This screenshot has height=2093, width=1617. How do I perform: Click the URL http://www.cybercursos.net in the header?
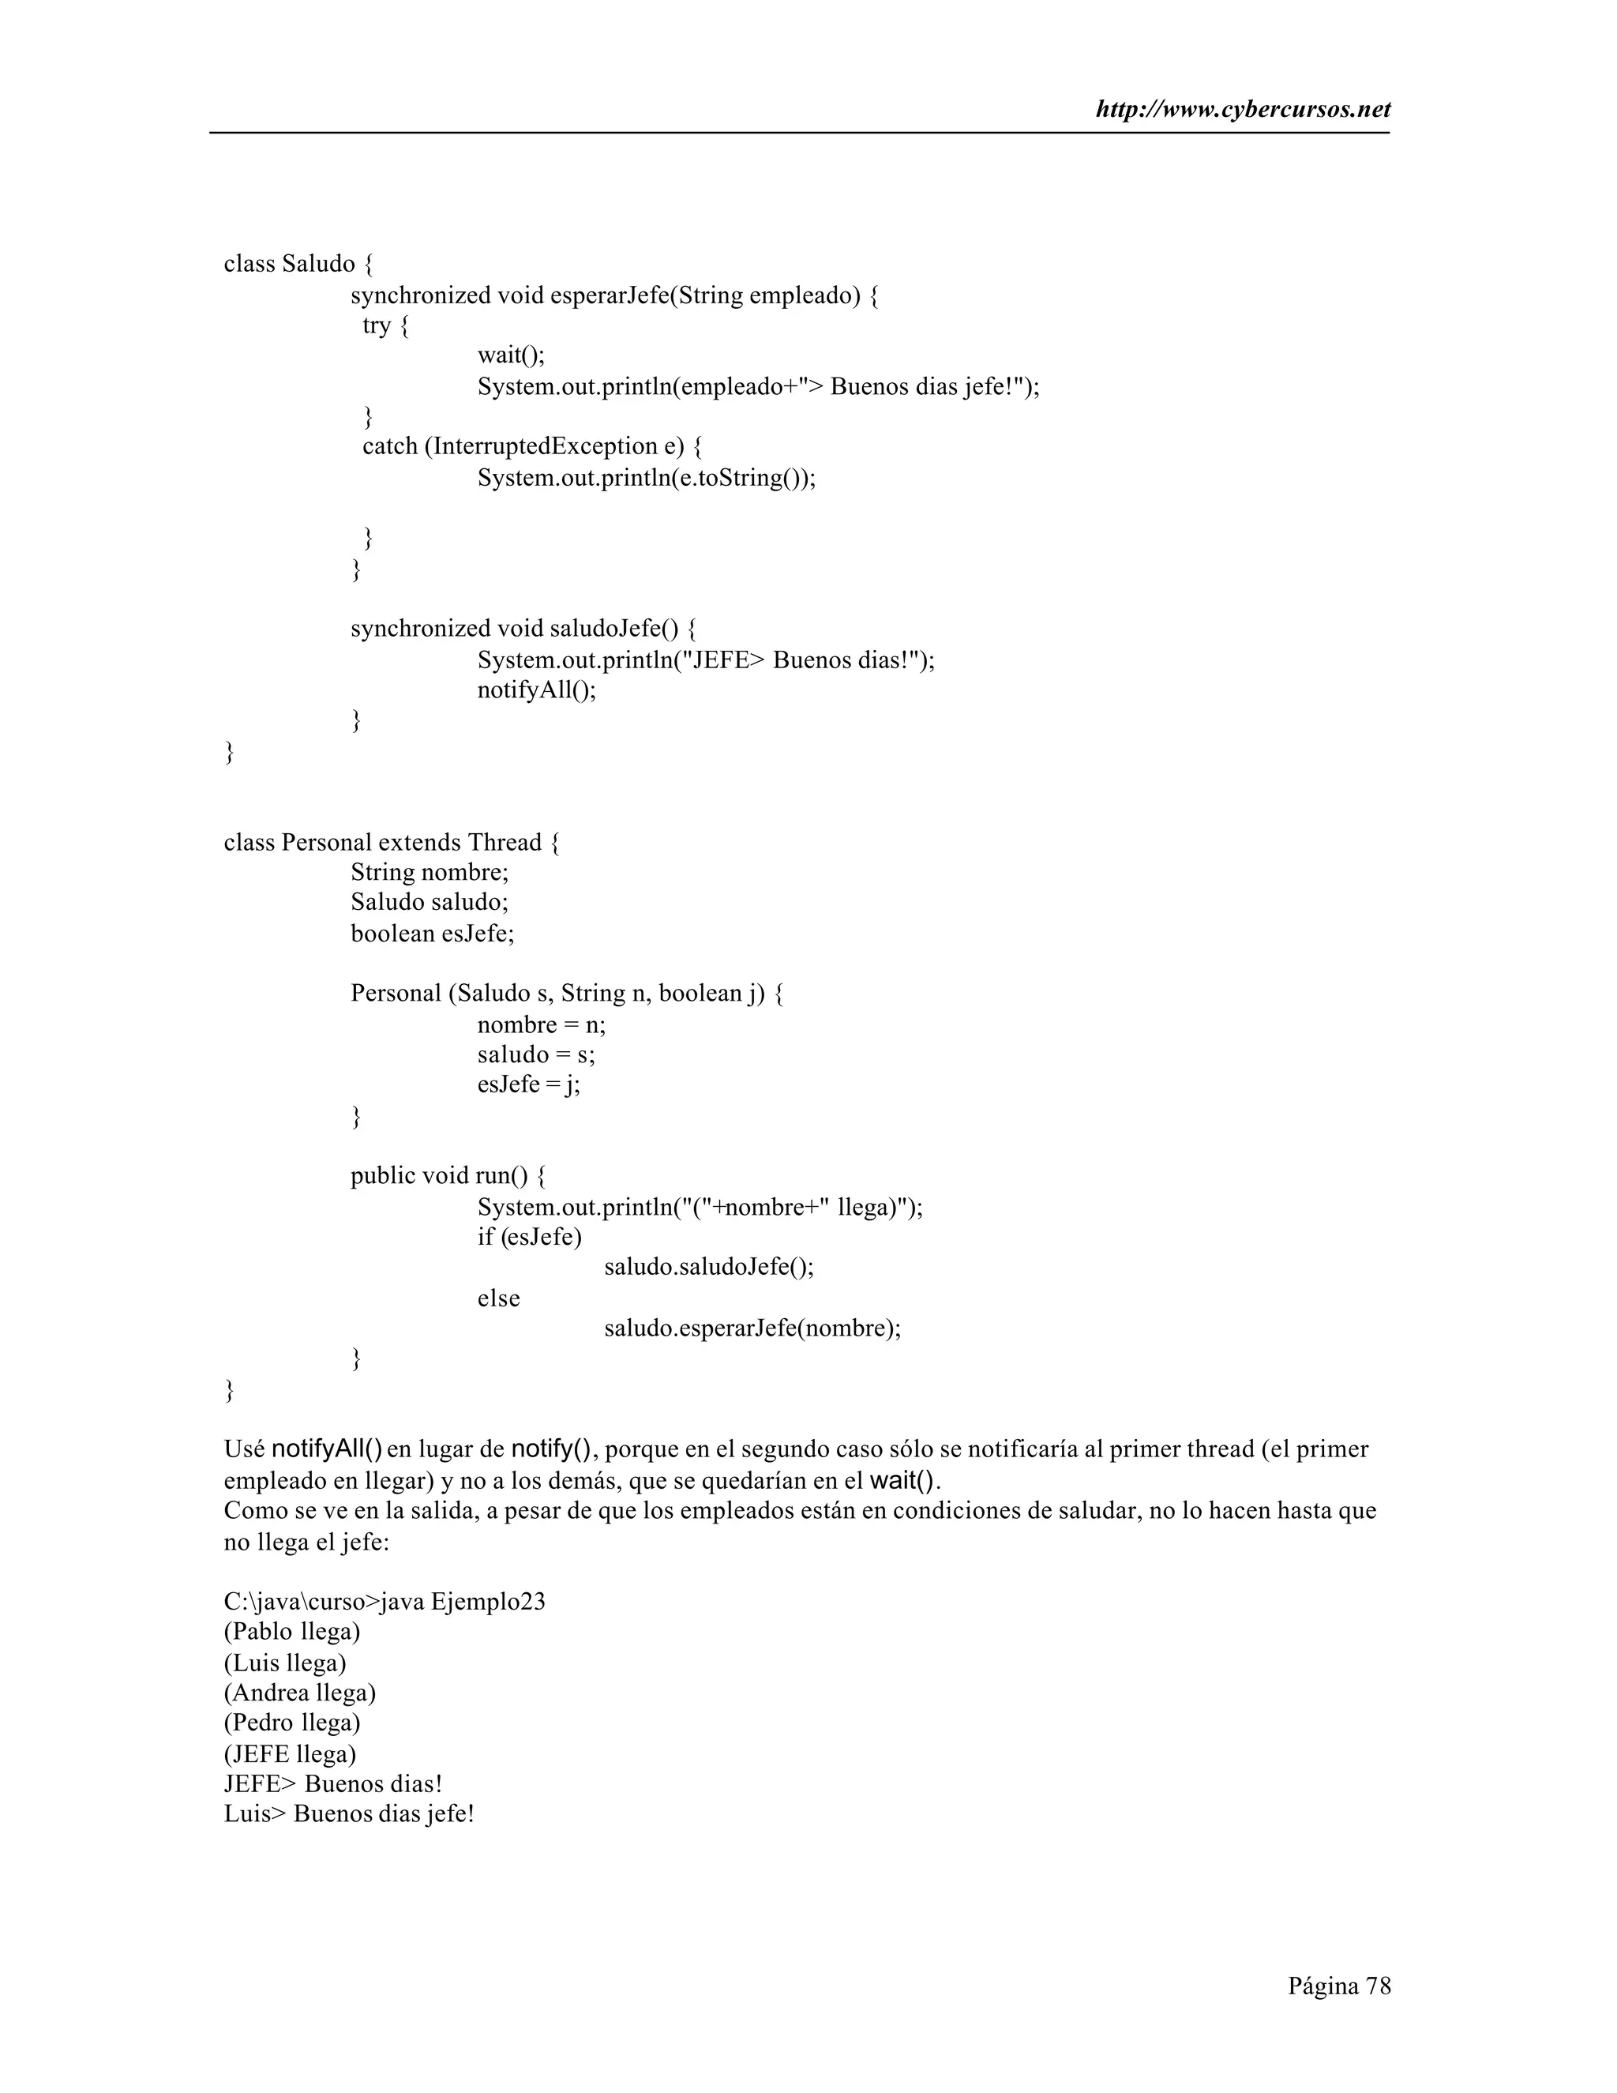pyautogui.click(x=1243, y=111)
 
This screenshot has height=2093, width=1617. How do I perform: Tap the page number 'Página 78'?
pyautogui.click(x=1338, y=1986)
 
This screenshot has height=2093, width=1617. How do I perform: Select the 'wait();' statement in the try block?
pyautogui.click(x=511, y=355)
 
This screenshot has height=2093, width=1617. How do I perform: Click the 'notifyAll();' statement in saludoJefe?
pyautogui.click(x=536, y=690)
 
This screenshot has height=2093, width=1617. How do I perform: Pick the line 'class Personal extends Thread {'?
pyautogui.click(x=392, y=843)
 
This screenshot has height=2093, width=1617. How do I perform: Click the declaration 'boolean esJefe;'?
pyautogui.click(x=432, y=934)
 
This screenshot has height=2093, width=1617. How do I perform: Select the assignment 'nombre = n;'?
pyautogui.click(x=541, y=1024)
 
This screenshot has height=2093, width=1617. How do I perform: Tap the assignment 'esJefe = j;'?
pyautogui.click(x=529, y=1085)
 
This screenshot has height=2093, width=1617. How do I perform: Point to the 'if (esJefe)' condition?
pyautogui.click(x=529, y=1237)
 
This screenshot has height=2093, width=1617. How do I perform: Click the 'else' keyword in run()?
pyautogui.click(x=498, y=1298)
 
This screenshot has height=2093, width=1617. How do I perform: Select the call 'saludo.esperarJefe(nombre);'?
pyautogui.click(x=752, y=1328)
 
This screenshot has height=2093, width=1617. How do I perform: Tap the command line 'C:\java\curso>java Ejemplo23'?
pyautogui.click(x=385, y=1602)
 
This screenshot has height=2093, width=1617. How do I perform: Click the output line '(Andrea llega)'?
pyautogui.click(x=300, y=1693)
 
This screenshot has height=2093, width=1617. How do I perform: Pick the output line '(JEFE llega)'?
pyautogui.click(x=289, y=1753)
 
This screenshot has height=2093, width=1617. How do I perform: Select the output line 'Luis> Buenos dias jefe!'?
pyautogui.click(x=349, y=1814)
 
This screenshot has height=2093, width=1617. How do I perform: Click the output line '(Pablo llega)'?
pyautogui.click(x=291, y=1631)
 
